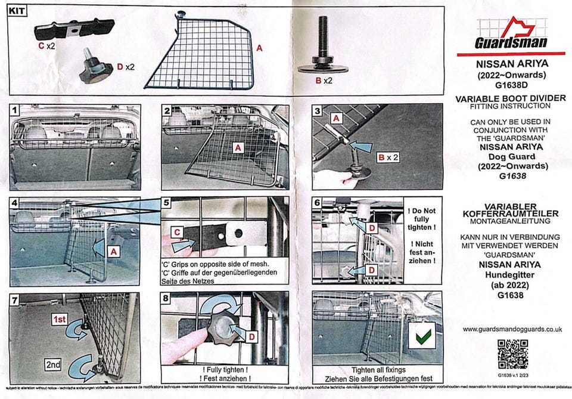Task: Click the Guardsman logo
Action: point(511,34)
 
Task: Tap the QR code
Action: point(512,354)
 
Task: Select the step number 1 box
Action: point(14,111)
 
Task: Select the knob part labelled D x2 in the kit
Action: point(97,70)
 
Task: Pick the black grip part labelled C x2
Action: point(74,29)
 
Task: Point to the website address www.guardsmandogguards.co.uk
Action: point(512,329)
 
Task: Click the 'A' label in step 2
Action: point(239,147)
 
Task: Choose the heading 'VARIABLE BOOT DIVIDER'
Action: point(511,98)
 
